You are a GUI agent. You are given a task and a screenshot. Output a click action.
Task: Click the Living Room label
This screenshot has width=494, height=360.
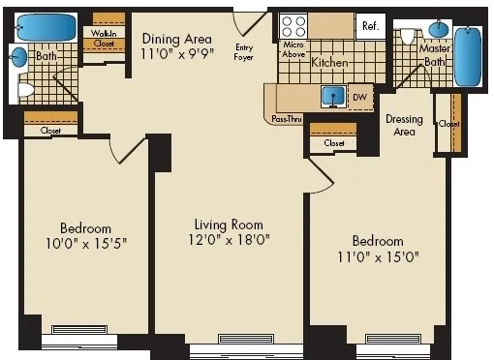pos(228,223)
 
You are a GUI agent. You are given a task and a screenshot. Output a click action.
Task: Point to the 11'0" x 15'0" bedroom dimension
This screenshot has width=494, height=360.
pos(378,257)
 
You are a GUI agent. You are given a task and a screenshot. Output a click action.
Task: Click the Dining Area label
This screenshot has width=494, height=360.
pos(175,39)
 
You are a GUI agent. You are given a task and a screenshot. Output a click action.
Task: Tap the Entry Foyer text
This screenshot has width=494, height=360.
pos(243,51)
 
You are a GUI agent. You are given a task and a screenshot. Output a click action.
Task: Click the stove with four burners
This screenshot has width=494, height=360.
pos(293,27)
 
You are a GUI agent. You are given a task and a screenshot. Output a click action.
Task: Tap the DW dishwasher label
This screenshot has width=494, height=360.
pos(359,97)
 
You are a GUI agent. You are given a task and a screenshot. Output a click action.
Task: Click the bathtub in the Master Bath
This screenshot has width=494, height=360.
pos(469,56)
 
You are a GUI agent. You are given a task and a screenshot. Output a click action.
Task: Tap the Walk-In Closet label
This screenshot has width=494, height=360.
pos(104,38)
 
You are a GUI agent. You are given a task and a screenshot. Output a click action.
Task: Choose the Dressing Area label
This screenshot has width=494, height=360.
pos(404,125)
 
